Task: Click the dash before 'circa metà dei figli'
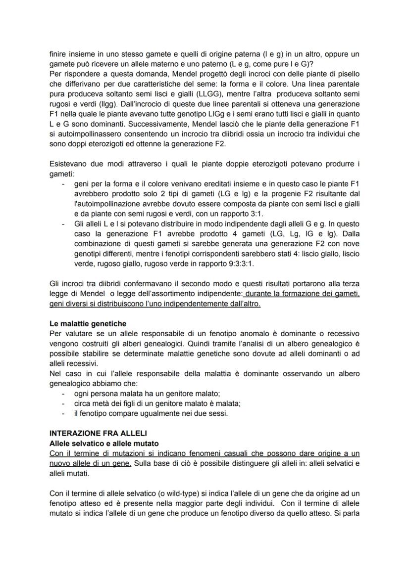63,404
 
